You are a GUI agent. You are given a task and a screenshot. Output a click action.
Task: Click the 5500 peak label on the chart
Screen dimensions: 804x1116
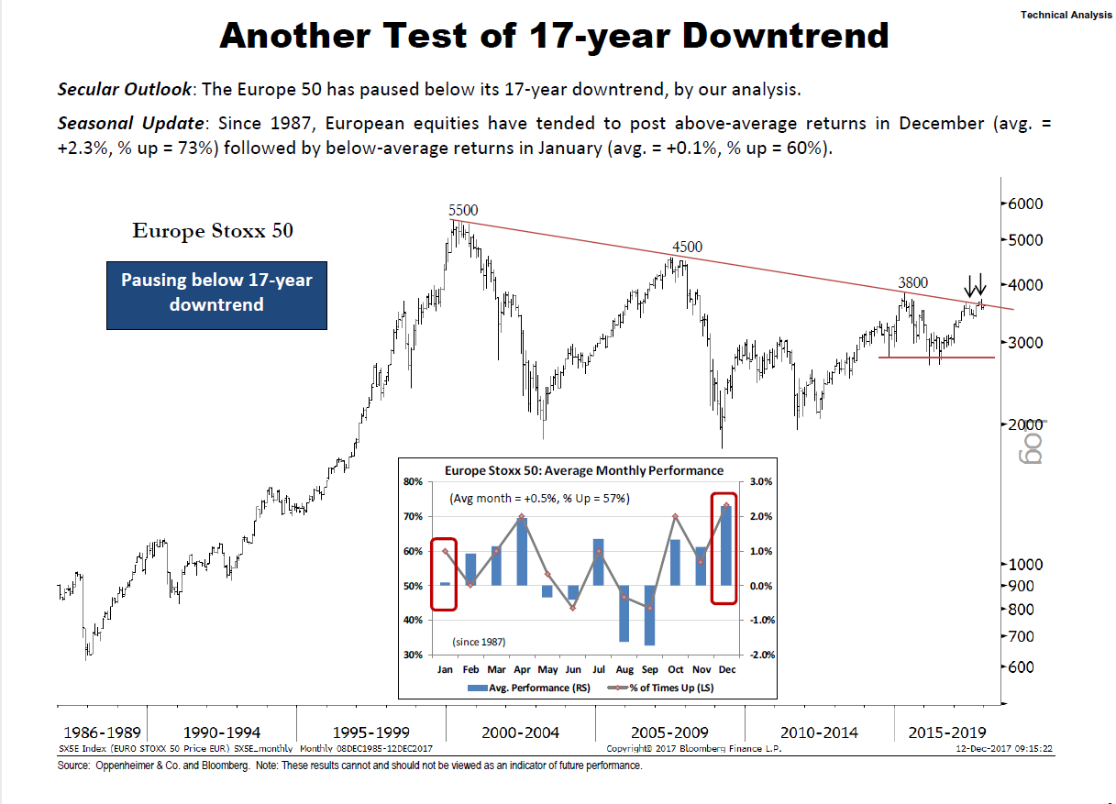coord(463,210)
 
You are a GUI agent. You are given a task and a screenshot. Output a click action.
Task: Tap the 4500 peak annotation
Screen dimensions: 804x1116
coord(687,247)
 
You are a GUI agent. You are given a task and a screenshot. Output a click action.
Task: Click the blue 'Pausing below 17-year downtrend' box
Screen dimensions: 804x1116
coord(216,292)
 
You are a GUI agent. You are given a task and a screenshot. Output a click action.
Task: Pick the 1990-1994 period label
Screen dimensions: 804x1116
coord(222,732)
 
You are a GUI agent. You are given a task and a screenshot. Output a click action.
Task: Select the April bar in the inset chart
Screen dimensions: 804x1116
coord(522,551)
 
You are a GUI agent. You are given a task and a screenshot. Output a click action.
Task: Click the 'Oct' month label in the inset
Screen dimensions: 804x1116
coord(675,670)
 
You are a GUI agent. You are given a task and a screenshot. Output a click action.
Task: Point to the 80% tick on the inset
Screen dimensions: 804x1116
coord(413,481)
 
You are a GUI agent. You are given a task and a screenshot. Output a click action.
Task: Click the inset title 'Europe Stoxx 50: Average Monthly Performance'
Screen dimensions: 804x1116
coord(584,470)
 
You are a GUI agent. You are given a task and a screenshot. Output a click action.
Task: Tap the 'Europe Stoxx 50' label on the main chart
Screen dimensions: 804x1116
coord(213,230)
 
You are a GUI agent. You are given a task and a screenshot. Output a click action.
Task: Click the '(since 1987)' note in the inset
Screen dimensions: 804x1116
coord(478,642)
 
